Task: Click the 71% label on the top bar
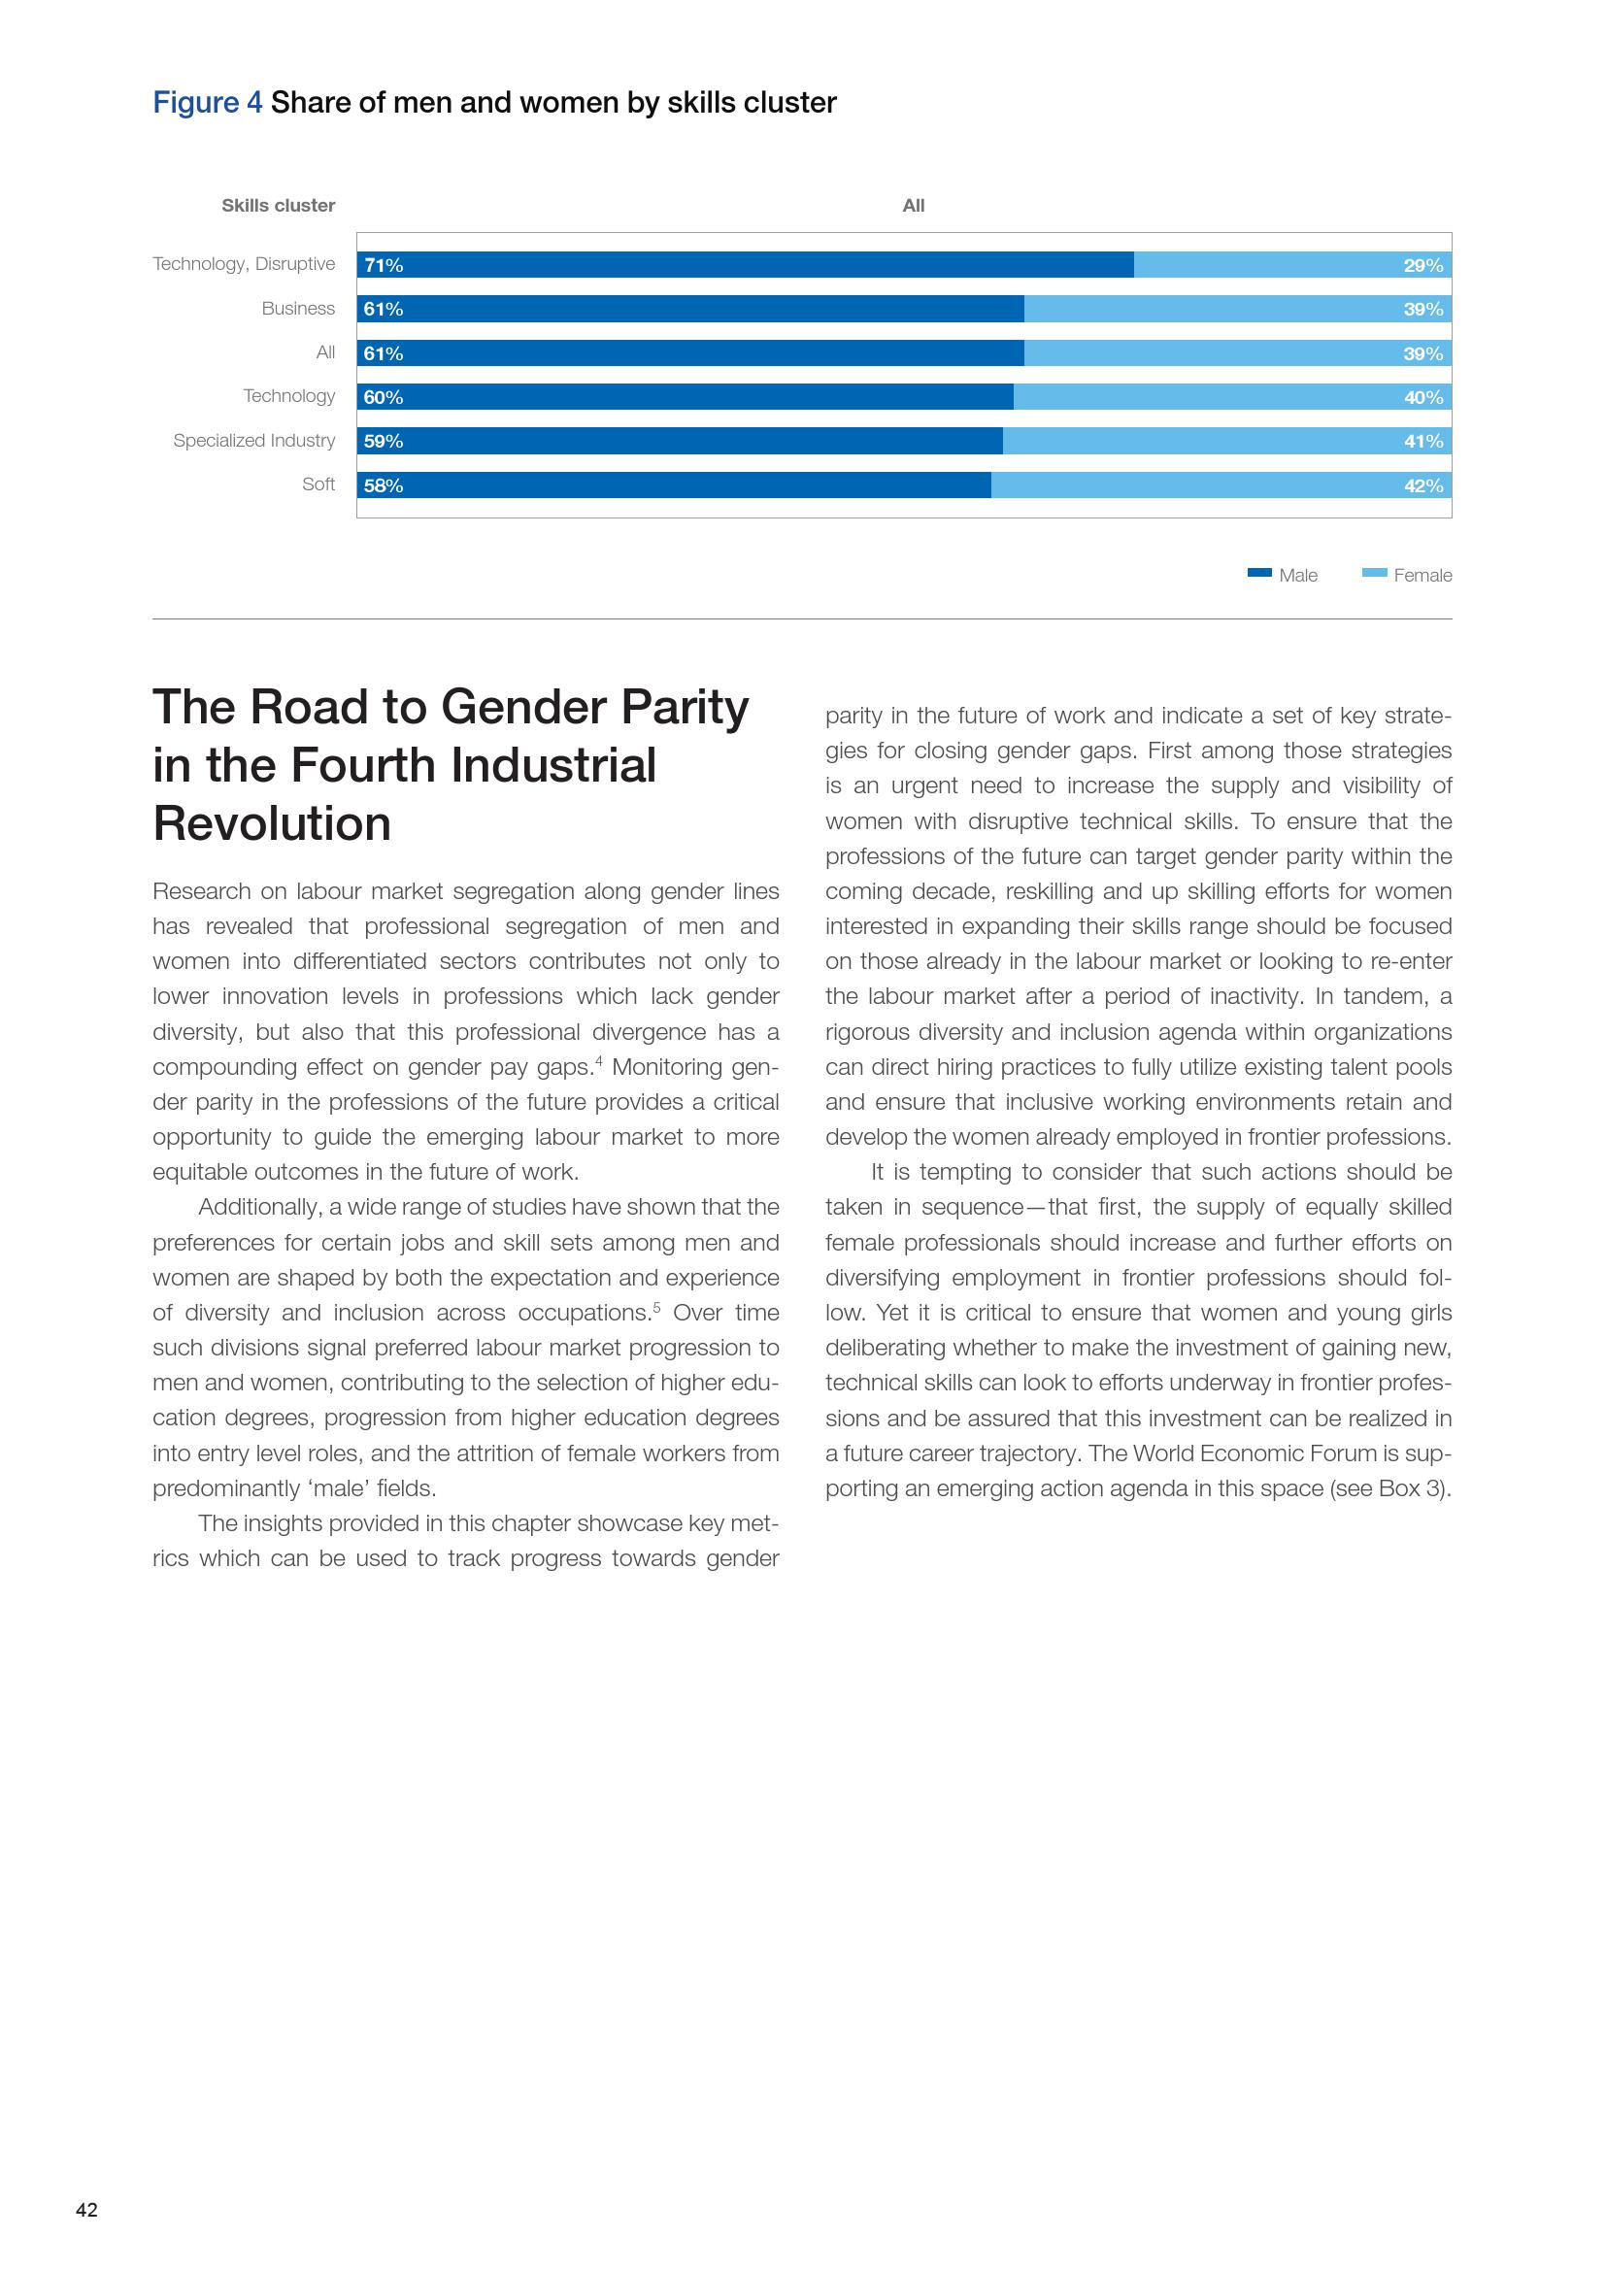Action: point(384,265)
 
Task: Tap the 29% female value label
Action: point(1423,265)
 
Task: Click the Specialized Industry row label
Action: point(254,440)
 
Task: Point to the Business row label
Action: point(298,309)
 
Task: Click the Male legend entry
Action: point(1283,575)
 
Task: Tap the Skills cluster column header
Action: point(278,206)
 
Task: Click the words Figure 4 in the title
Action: point(208,103)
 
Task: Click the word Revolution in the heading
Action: point(272,824)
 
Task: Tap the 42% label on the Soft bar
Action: point(1423,485)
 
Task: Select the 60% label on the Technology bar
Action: point(384,398)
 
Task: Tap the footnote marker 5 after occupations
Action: point(656,1307)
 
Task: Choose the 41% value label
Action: point(1423,441)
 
